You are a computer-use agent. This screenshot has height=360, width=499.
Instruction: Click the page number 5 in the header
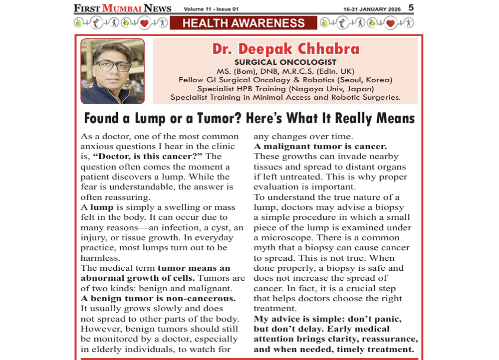[x=411, y=7]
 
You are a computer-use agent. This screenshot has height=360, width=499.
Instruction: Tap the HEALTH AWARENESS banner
[x=244, y=23]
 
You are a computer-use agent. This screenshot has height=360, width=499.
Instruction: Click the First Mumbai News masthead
[x=122, y=8]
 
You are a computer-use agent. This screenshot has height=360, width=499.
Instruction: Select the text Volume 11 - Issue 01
[x=211, y=9]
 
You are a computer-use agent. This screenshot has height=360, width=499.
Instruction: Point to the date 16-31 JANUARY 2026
[x=372, y=9]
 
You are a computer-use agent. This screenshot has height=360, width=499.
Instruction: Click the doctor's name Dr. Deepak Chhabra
[x=285, y=49]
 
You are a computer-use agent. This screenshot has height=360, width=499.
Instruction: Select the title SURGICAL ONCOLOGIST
[x=285, y=62]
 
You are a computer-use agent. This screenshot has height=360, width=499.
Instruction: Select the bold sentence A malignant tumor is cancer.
[x=320, y=147]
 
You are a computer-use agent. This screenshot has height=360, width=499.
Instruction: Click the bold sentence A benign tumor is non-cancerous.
[x=158, y=298]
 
